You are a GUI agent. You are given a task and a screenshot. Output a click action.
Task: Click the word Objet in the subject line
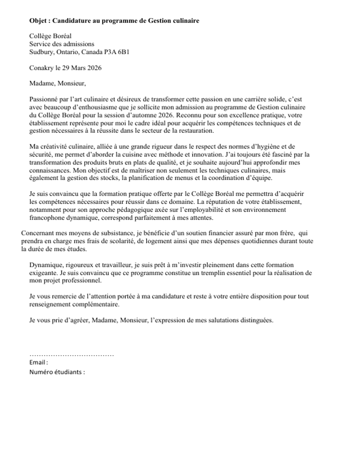click(39, 21)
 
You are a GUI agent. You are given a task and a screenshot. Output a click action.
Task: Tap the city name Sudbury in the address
click(42, 52)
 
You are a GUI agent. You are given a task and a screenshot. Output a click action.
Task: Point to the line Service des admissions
click(62, 44)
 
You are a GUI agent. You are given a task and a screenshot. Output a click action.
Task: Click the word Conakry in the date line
click(42, 68)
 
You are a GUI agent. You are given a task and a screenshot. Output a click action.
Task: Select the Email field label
click(38, 363)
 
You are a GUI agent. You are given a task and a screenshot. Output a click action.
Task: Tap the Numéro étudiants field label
click(57, 372)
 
